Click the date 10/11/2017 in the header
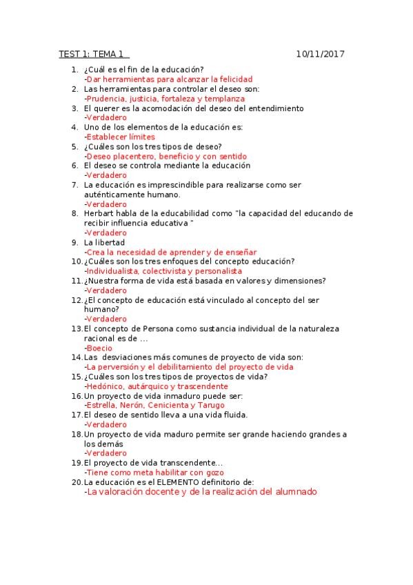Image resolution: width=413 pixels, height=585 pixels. pyautogui.click(x=321, y=54)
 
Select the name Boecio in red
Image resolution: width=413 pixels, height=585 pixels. pyautogui.click(x=99, y=348)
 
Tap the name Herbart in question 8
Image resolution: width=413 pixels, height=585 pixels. pyautogui.click(x=100, y=214)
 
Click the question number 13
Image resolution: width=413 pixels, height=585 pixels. pyautogui.click(x=77, y=329)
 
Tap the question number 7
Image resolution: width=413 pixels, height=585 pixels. pyautogui.click(x=74, y=185)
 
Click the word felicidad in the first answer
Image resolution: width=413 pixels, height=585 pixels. pyautogui.click(x=233, y=79)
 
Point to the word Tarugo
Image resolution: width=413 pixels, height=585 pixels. pyautogui.click(x=211, y=406)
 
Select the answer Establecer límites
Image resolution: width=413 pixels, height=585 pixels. pyautogui.click(x=120, y=137)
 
